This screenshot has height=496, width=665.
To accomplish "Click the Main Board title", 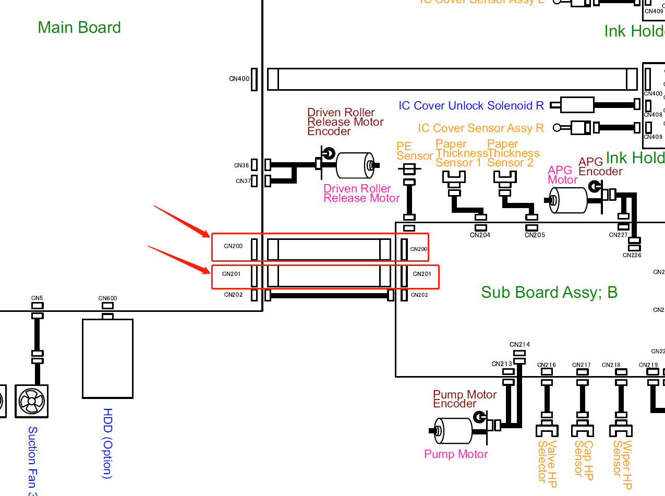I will (79, 27).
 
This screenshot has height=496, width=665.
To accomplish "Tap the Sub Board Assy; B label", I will (549, 292).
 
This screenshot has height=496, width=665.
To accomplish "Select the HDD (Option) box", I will (107, 358).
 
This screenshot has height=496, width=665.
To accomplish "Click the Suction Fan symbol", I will (32, 401).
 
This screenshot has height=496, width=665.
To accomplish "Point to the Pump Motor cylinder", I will (453, 431).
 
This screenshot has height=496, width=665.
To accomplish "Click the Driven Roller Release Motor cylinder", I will (355, 166).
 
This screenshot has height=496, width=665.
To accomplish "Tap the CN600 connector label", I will (107, 299).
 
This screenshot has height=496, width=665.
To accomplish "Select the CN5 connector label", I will (37, 299).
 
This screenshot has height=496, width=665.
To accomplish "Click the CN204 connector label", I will (480, 235).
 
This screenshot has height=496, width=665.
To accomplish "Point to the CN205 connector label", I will (535, 235).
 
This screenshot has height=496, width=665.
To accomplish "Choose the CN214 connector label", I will (519, 345).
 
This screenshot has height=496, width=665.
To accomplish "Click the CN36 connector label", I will (241, 165).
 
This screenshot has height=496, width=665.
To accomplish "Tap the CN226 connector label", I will (632, 255).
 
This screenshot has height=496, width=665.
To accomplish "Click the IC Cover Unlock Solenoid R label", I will (471, 106).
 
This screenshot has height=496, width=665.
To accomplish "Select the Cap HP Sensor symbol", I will (582, 431).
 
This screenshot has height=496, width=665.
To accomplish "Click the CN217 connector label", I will (582, 365).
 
